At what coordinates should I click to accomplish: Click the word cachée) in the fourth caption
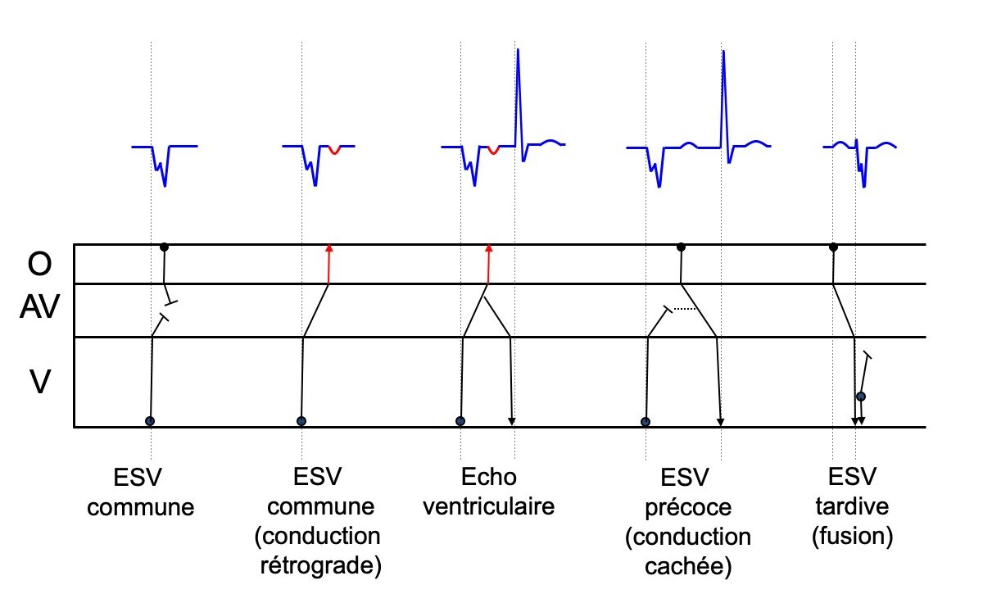[x=686, y=566]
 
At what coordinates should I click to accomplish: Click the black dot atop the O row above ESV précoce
[x=681, y=247]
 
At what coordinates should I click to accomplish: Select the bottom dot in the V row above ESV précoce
[x=646, y=422]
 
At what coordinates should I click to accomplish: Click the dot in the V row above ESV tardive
[x=861, y=397]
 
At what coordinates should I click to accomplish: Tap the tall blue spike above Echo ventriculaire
[x=518, y=90]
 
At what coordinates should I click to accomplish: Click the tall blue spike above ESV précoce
[x=723, y=90]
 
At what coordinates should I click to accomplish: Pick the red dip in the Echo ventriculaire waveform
[x=491, y=151]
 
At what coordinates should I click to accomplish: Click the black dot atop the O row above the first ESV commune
[x=164, y=247]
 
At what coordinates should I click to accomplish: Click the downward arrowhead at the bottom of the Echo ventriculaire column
[x=512, y=421]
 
